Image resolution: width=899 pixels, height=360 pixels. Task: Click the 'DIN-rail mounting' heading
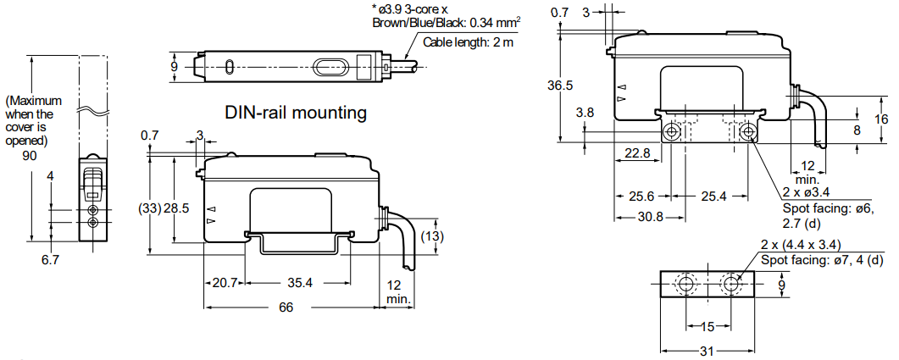(295, 112)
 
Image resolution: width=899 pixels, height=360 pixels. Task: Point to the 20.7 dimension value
(225, 283)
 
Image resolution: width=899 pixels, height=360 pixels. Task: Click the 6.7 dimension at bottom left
(50, 260)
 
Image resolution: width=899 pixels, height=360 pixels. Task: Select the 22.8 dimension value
(636, 153)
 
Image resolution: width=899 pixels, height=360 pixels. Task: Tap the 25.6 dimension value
(641, 197)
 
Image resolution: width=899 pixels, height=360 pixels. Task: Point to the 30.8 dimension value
(650, 216)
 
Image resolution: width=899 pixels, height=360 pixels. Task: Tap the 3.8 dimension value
(585, 112)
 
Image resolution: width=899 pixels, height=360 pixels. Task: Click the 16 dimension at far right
(881, 119)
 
